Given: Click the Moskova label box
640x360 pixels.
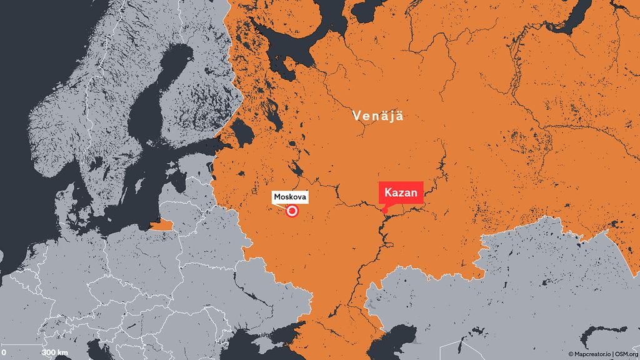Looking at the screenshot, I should pos(290,197).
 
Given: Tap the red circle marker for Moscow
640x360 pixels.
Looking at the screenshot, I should pos(291,211).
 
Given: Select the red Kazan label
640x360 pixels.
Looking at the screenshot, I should pos(401,192).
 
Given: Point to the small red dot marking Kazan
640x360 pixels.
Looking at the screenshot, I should pos(384,210).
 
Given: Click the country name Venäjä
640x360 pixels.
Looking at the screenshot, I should pos(377,116).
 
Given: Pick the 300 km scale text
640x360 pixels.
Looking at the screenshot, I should pos(55,353).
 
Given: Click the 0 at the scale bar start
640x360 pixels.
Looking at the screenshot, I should pos(3,353).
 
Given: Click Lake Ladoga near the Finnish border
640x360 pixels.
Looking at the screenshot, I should pos(242,131).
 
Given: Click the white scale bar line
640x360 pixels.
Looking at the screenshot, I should pos(22,344).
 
